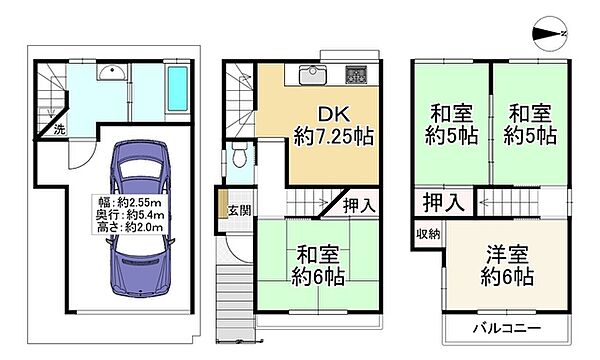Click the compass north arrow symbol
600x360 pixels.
pyautogui.click(x=549, y=34)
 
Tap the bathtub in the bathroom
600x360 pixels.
pyautogui.click(x=178, y=89)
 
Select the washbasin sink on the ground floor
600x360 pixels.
pyautogui.click(x=112, y=72)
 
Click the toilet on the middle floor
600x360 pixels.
pyautogui.click(x=240, y=154)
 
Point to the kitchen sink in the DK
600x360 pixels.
pyautogui.click(x=313, y=75)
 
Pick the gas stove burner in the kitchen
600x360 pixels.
pyautogui.click(x=356, y=75)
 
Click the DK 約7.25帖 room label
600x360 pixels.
pyautogui.click(x=334, y=125)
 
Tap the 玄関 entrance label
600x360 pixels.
pyautogui.click(x=240, y=210)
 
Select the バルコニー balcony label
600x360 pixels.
pyautogui.click(x=507, y=328)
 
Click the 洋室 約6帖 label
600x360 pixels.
pyautogui.click(x=507, y=266)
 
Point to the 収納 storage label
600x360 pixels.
pyautogui.click(x=428, y=234)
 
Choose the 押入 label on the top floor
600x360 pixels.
pyautogui.click(x=444, y=202)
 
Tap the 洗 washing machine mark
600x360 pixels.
pyautogui.click(x=59, y=129)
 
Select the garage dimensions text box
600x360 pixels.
pyautogui.click(x=131, y=214)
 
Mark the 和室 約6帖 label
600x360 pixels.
pyautogui.click(x=318, y=266)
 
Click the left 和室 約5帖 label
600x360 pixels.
pyautogui.click(x=452, y=124)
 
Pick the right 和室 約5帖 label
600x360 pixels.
pyautogui.click(x=530, y=124)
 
